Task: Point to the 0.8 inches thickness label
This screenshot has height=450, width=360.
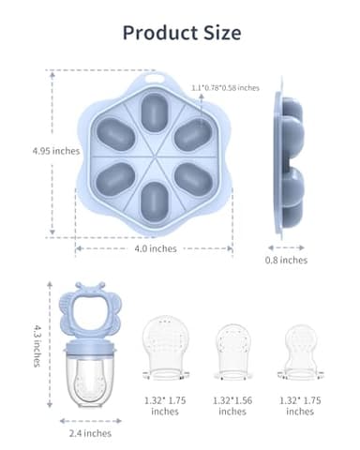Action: coord(287,260)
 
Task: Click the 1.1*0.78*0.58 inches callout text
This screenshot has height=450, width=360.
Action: coord(225,87)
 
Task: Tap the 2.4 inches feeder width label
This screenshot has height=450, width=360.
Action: coord(90,433)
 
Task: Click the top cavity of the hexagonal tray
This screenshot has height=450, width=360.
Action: coord(153,113)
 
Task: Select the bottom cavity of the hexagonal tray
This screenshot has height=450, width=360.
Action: coord(153,198)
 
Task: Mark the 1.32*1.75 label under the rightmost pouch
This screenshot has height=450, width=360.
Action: coord(300,405)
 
